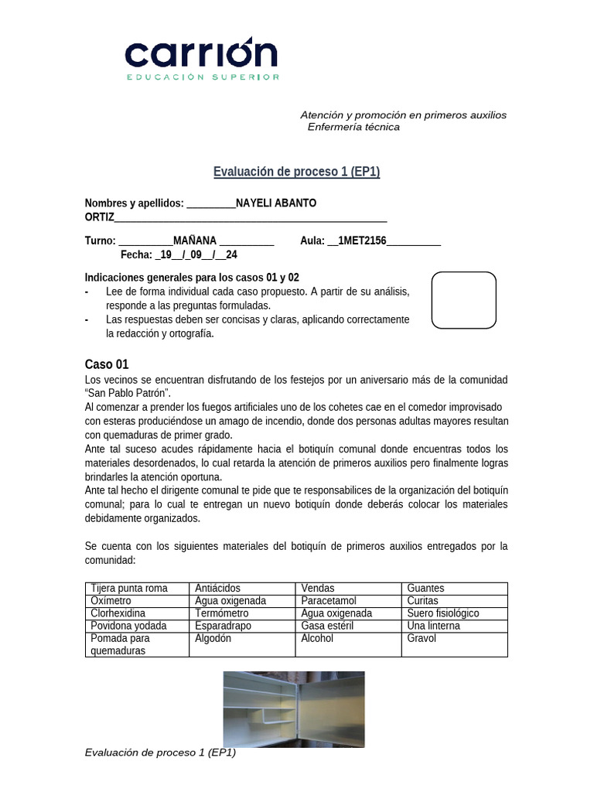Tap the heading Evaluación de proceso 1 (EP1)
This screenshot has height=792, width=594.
pyautogui.click(x=296, y=172)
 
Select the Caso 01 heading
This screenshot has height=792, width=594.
pyautogui.click(x=107, y=364)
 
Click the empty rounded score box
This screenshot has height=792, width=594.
pyautogui.click(x=463, y=300)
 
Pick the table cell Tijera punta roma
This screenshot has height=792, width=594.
pyautogui.click(x=129, y=589)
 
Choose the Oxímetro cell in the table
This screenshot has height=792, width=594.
pyautogui.click(x=111, y=601)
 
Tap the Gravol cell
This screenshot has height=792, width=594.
pyautogui.click(x=422, y=639)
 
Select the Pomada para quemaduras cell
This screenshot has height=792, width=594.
pyautogui.click(x=120, y=644)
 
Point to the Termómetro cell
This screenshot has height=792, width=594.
pyautogui.click(x=221, y=613)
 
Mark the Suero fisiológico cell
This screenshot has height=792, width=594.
pyautogui.click(x=443, y=613)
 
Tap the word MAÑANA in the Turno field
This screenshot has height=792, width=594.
pyautogui.click(x=195, y=241)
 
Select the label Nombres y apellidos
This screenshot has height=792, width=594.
pyautogui.click(x=134, y=203)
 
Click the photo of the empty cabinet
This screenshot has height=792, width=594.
pyautogui.click(x=294, y=708)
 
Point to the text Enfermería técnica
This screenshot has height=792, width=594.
pyautogui.click(x=353, y=127)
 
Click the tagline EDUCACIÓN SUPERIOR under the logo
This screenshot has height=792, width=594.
pyautogui.click(x=203, y=77)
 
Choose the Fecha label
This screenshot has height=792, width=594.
pyautogui.click(x=136, y=254)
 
